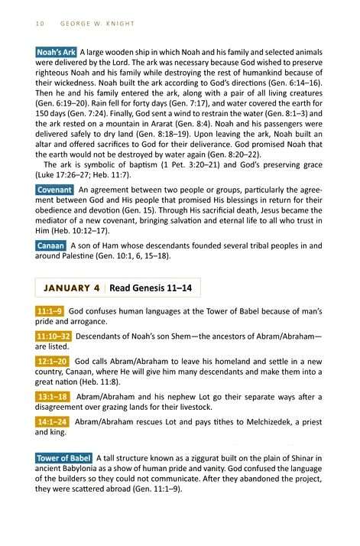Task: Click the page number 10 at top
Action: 40,23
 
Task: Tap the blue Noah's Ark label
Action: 55,52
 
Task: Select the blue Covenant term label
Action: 54,189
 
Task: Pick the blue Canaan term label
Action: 51,245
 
